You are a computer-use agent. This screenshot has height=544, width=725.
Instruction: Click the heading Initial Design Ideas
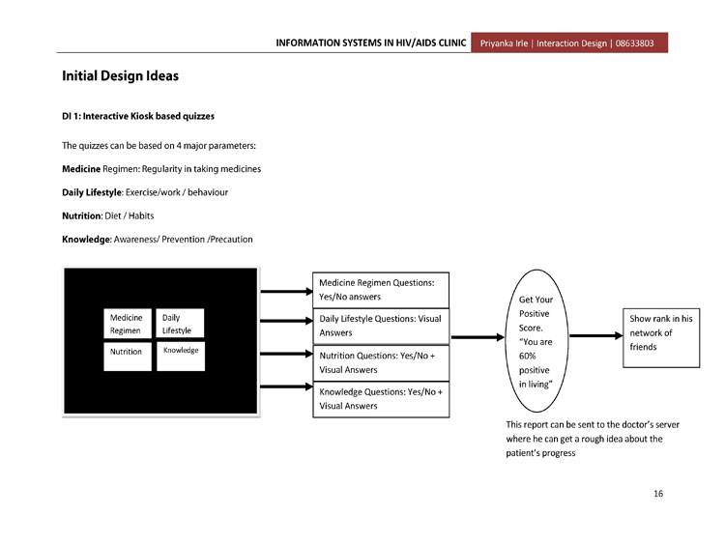120,75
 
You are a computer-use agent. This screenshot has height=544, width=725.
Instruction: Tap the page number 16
658,493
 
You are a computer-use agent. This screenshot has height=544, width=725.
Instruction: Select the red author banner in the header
569,43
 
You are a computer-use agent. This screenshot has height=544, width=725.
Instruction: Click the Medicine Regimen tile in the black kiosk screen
128,324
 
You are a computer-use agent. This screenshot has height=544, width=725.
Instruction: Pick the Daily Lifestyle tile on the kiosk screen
180,324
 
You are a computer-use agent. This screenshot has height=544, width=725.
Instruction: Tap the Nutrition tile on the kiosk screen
128,357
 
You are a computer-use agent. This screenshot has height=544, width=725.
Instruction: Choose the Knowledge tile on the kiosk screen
181,357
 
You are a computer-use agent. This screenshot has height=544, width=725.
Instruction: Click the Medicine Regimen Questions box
381,290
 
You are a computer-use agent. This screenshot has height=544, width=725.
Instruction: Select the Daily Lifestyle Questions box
381,327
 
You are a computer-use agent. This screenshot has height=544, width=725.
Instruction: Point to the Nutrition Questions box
381,362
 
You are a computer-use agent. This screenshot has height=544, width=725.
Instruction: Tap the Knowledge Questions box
381,399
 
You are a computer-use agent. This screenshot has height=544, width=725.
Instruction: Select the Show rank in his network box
661,338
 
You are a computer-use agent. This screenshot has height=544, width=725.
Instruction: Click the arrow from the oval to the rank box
596,336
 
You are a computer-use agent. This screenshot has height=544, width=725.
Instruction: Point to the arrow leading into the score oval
478,337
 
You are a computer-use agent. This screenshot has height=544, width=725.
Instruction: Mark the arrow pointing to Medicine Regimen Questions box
287,291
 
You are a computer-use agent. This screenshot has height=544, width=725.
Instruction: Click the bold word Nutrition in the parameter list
81,215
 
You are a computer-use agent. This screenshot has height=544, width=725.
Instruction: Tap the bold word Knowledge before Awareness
86,240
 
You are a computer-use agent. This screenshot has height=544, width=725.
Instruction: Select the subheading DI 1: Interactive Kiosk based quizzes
138,116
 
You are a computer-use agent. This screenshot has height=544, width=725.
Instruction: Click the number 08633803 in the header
634,43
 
